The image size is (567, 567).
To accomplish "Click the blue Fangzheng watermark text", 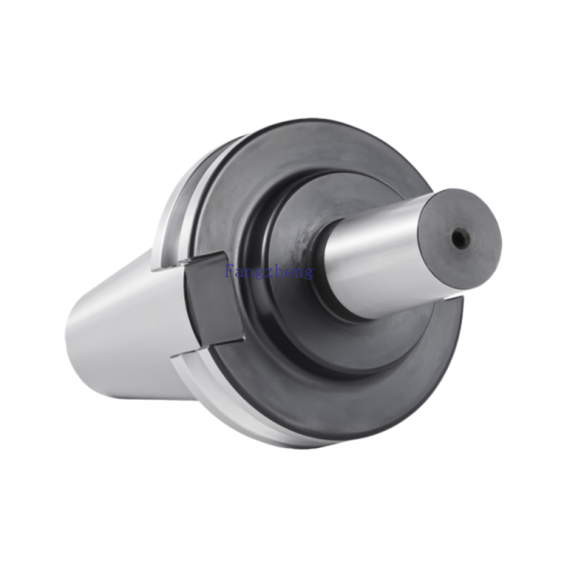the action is (269, 271).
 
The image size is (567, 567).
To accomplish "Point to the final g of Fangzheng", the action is (309, 273).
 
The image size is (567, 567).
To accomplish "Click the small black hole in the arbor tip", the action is (460, 239).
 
